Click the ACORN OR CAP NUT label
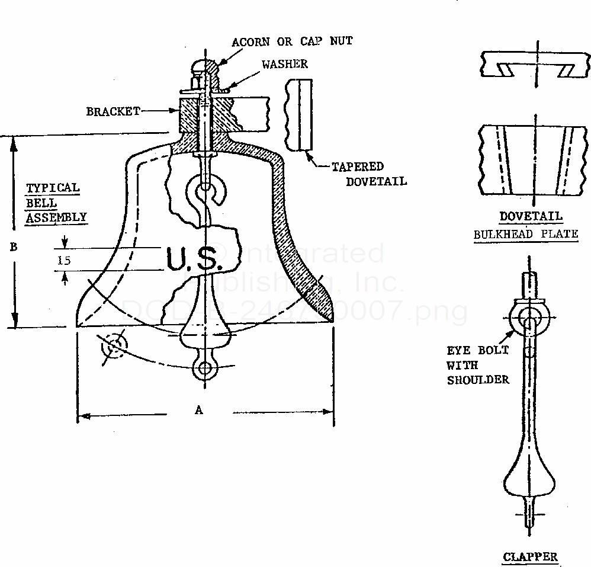292,42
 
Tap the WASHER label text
284,63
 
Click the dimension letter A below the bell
198,409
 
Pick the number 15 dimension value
65,260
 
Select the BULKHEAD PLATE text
525,233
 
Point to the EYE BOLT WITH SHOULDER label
478,365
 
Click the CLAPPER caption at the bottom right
530,556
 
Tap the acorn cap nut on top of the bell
206,68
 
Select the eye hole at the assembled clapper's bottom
205,368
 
